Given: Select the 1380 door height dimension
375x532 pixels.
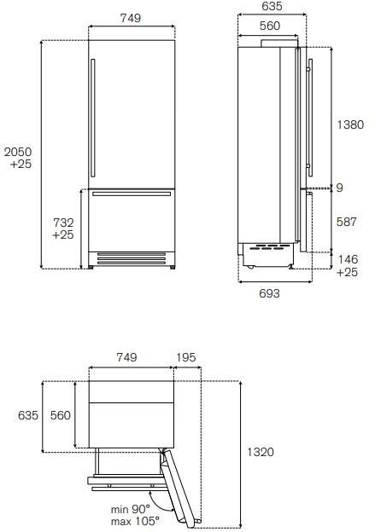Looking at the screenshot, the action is tap(350, 124).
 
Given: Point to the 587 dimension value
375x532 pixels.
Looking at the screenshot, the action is tap(347, 222).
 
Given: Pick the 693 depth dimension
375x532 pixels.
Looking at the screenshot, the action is tap(269, 293).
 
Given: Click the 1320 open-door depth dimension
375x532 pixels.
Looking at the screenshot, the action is tap(260, 452).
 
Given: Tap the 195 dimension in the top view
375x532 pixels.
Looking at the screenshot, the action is tap(186, 357).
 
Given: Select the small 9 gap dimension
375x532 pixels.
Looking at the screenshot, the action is tap(339, 188).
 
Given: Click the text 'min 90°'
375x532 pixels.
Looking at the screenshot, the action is tap(130, 509).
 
